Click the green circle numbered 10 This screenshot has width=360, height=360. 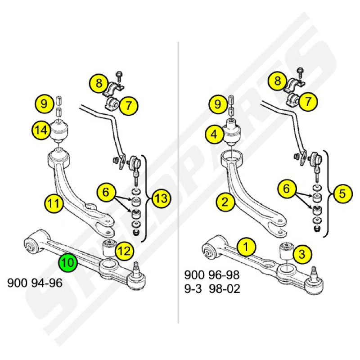68,262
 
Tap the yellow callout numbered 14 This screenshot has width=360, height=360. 41,130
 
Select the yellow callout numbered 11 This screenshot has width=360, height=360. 54,203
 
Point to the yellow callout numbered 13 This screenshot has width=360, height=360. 162,198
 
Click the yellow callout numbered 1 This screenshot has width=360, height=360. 246,247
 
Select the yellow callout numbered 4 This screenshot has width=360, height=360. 214,134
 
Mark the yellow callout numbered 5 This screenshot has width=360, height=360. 342,193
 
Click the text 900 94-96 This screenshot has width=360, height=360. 35,283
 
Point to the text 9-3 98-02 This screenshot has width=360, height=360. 212,288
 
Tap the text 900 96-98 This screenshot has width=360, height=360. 212,275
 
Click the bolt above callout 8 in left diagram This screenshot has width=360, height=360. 119,76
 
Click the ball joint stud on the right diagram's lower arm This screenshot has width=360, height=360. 314,273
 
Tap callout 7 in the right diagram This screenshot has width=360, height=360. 308,101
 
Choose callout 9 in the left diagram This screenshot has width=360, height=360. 44,104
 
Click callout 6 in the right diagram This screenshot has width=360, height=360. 287,189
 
